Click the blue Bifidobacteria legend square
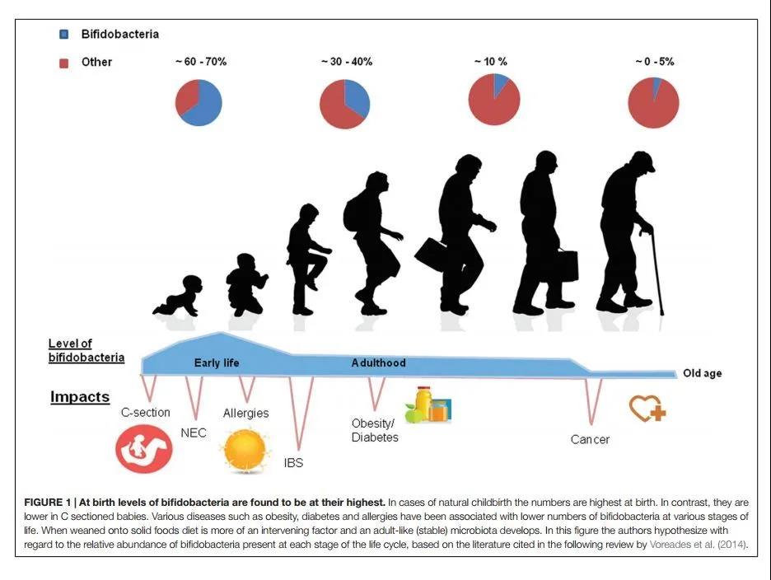[x=64, y=35]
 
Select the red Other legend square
[x=64, y=63]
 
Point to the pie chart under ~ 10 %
[x=494, y=99]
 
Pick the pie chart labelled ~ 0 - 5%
[x=653, y=103]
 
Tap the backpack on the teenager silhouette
[x=352, y=212]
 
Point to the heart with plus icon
[x=647, y=409]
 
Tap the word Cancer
[x=590, y=439]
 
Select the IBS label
[x=293, y=462]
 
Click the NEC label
[x=194, y=433]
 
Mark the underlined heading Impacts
[x=80, y=397]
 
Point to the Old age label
[x=702, y=373]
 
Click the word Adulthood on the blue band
[x=378, y=362]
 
